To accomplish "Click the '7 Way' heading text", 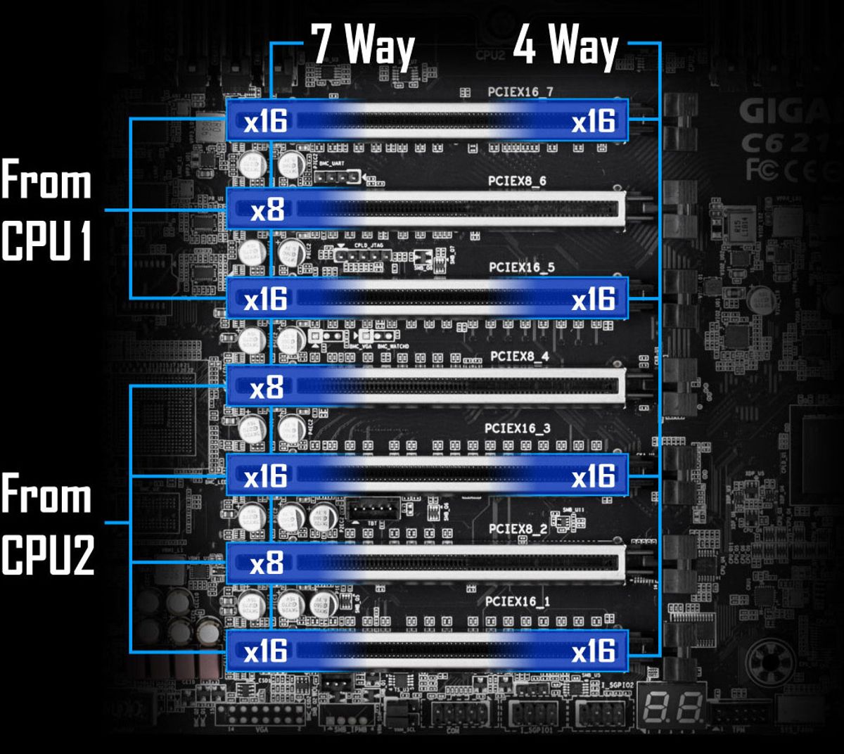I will tap(363, 46).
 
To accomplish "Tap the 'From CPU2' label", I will tap(46, 524).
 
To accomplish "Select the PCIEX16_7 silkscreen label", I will tap(520, 91).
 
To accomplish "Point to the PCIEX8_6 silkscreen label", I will tap(517, 181).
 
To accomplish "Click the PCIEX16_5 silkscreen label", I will tap(521, 267).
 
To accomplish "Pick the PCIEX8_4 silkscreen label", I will tap(519, 357).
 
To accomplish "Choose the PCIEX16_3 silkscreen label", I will tap(518, 428).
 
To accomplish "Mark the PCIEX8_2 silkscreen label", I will tap(518, 528).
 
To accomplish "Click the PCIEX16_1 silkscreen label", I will tap(518, 601).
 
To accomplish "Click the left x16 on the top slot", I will tap(265, 122).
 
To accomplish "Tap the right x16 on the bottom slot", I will tap(593, 651).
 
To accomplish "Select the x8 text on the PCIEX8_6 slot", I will tap(267, 210).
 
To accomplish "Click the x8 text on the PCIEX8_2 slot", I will tap(267, 563).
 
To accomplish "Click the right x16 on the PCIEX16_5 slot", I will tap(593, 299).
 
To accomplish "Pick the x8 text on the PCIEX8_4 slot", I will tap(267, 387).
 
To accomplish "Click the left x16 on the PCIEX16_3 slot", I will tap(265, 476).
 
